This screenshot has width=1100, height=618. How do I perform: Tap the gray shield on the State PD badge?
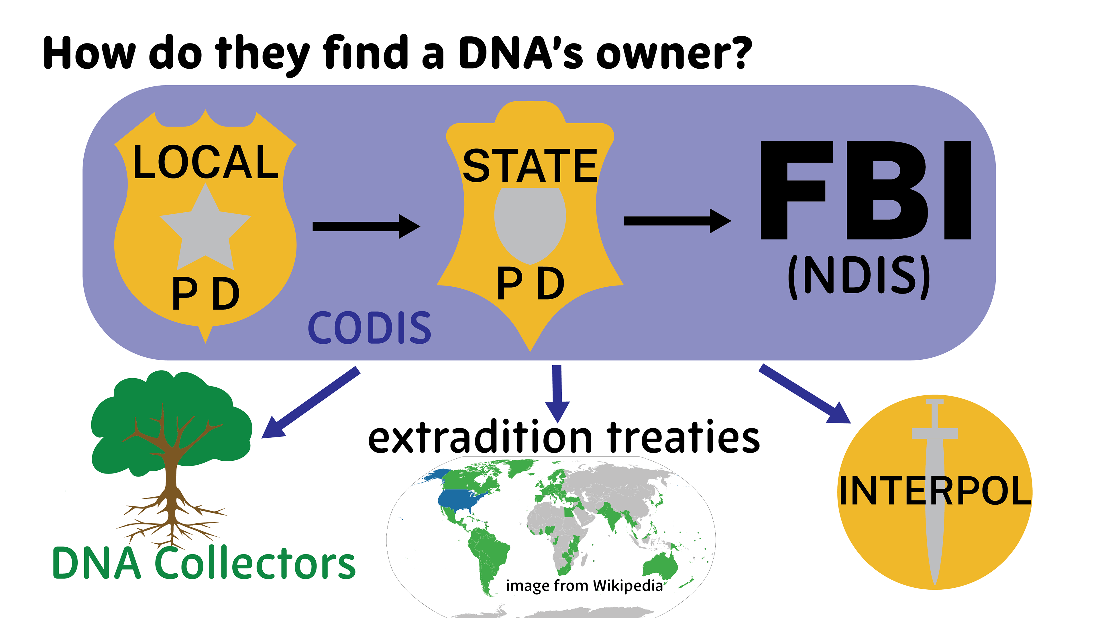pos(530,224)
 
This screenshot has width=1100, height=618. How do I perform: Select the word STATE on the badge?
pos(530,166)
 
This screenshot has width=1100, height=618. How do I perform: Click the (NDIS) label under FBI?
pos(859,276)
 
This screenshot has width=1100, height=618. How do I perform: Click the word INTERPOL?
pos(935,491)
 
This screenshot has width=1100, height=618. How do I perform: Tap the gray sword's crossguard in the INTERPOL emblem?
pos(935,433)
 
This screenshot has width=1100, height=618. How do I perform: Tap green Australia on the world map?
pos(660,565)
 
